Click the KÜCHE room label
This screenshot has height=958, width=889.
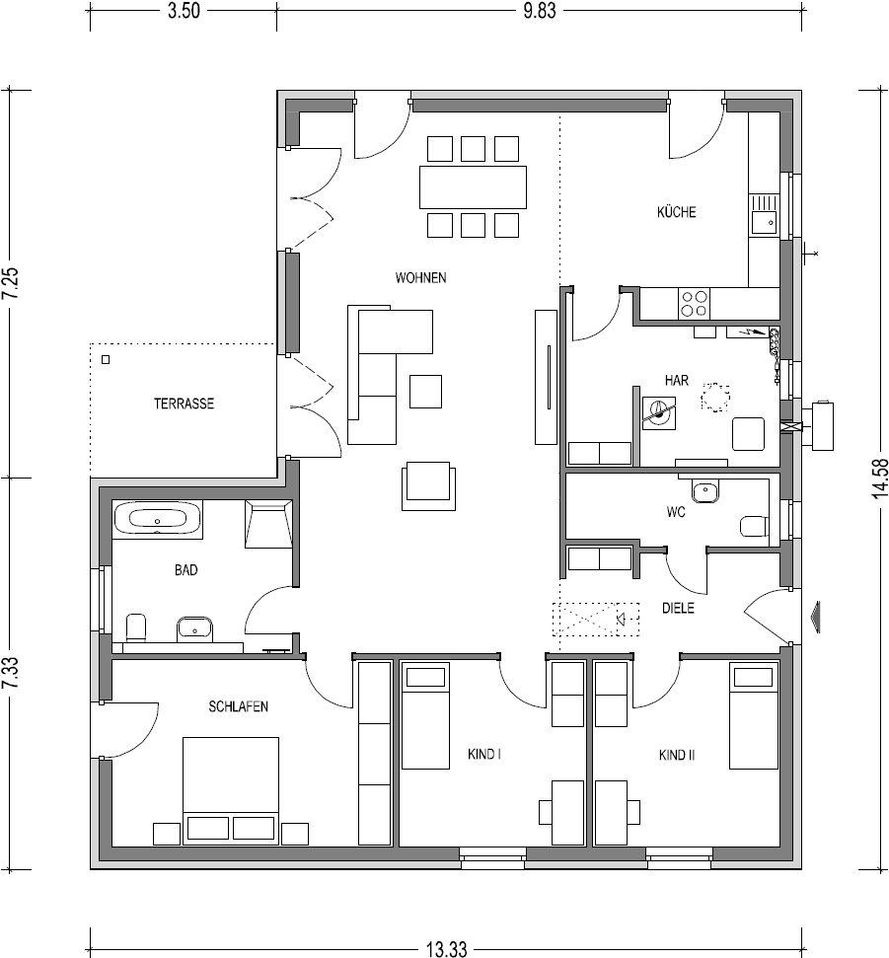click(x=677, y=212)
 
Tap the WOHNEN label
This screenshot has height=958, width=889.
click(x=420, y=278)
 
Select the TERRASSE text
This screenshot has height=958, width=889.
click(x=184, y=404)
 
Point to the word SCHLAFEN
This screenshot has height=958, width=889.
click(x=239, y=706)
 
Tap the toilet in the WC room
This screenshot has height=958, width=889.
click(x=754, y=526)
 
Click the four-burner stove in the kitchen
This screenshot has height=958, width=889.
click(x=694, y=304)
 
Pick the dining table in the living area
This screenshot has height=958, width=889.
click(x=473, y=186)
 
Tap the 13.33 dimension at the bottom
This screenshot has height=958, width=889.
click(x=446, y=949)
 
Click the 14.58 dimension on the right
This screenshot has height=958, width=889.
click(x=880, y=479)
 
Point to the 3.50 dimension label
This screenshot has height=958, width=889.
click(x=184, y=11)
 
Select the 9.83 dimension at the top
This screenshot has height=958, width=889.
click(x=540, y=11)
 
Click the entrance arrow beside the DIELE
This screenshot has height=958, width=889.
click(x=814, y=617)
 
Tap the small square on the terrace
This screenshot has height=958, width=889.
click(x=106, y=360)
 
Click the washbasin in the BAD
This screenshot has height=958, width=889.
click(x=195, y=629)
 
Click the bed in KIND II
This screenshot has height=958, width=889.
click(x=754, y=717)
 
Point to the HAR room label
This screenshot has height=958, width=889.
click(x=677, y=381)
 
